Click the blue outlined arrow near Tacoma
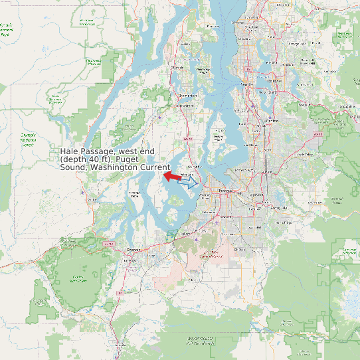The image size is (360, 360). (189, 181)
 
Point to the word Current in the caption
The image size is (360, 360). (155, 167)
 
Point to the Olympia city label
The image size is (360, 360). (134, 249)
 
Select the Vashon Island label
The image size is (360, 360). (219, 138)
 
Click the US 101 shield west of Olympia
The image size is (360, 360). (109, 244)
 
